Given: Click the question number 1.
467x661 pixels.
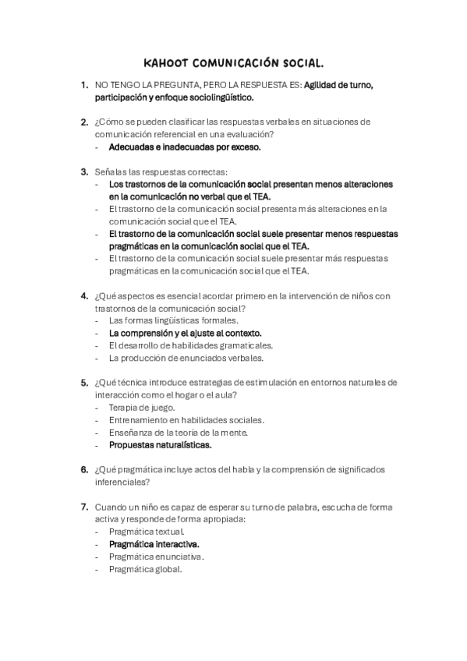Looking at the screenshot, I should pyautogui.click(x=83, y=85).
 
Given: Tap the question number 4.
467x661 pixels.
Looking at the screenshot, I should pyautogui.click(x=83, y=295).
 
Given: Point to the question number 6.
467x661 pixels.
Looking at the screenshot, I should pyautogui.click(x=83, y=469).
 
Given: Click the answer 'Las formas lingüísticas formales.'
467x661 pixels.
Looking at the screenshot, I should pyautogui.click(x=174, y=320).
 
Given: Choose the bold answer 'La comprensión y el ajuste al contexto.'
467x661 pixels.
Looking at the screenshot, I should pyautogui.click(x=185, y=333).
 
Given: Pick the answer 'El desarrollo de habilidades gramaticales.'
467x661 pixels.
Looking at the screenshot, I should pyautogui.click(x=190, y=345).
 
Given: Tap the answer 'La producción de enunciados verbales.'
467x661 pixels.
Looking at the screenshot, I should pyautogui.click(x=186, y=358).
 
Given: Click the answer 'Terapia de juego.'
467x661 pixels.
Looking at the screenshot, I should pyautogui.click(x=142, y=407).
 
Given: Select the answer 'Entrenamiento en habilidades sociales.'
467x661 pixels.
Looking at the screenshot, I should pyautogui.click(x=186, y=419).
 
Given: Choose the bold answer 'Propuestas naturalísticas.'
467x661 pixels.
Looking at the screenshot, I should pyautogui.click(x=160, y=445).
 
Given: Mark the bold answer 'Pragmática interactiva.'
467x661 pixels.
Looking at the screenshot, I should pyautogui.click(x=154, y=544).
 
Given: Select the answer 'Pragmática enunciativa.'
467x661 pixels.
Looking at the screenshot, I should pyautogui.click(x=156, y=557).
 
